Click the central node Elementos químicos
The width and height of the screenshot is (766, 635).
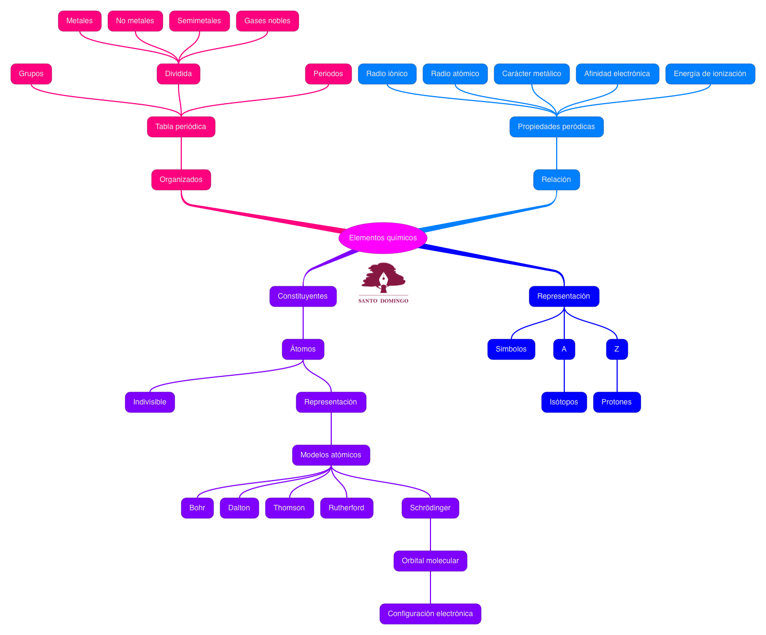382,238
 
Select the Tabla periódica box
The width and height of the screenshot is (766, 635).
181,127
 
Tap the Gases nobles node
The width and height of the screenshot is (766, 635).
267,21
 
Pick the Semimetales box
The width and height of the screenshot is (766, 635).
199,21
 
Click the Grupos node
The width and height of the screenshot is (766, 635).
31,74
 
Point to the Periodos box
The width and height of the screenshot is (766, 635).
328,74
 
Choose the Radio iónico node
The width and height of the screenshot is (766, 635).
387,74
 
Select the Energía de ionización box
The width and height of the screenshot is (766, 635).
710,74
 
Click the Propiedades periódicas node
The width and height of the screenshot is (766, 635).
556,127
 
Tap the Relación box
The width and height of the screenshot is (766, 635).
556,180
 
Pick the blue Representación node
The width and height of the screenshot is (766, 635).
564,296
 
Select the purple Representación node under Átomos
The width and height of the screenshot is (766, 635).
331,402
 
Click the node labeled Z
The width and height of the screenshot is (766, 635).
617,349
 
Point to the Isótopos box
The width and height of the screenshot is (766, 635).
564,402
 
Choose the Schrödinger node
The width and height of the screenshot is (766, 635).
430,508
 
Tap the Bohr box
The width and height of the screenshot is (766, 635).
197,508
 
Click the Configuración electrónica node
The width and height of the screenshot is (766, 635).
430,614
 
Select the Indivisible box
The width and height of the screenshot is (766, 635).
149,402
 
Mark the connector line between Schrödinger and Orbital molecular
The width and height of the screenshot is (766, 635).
430,535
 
